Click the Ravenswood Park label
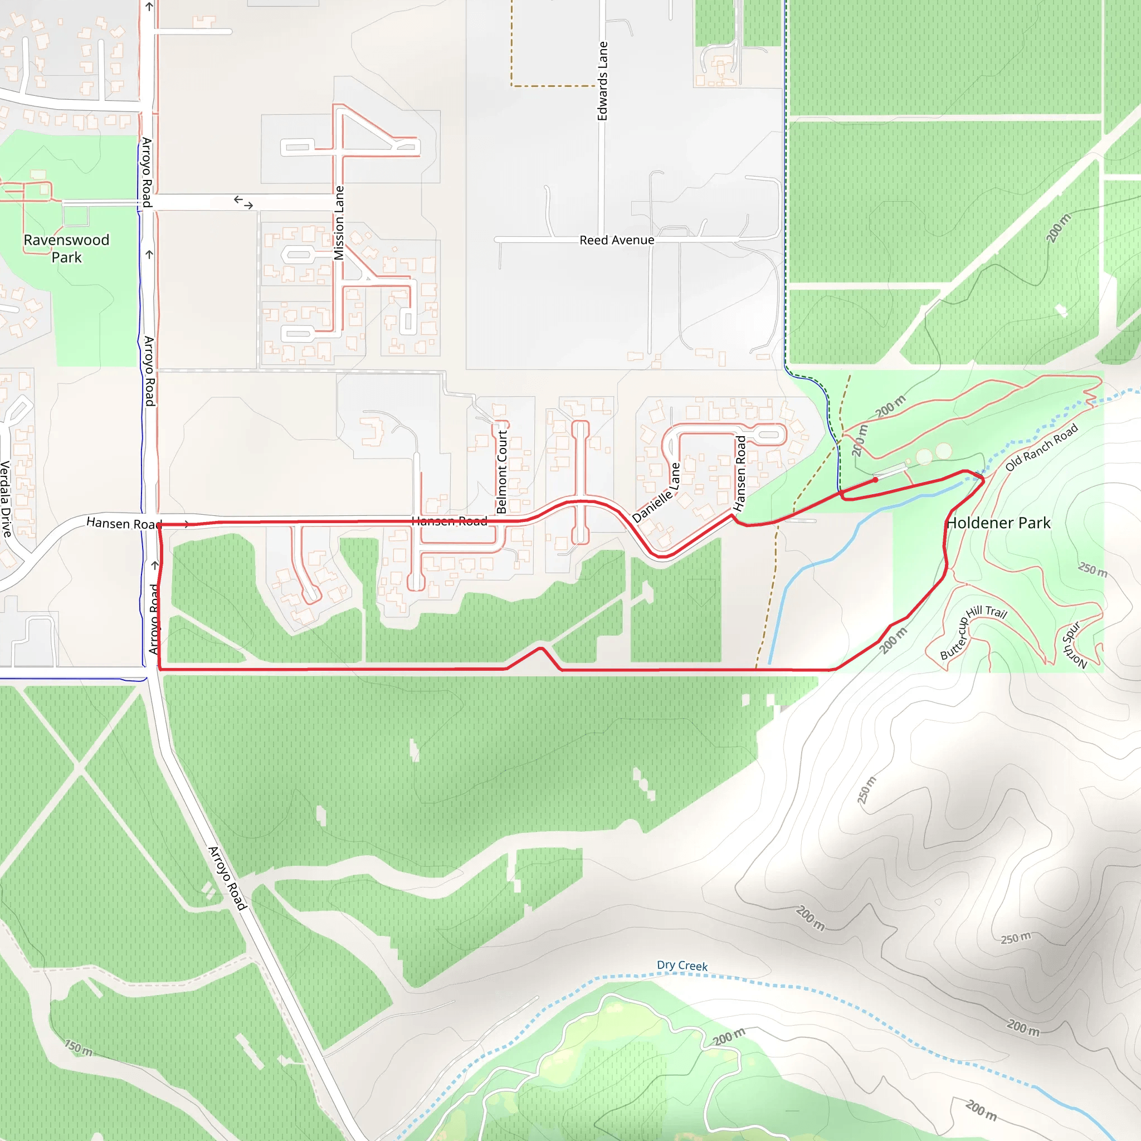[66, 248]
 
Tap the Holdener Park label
[998, 523]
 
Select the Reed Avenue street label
[617, 240]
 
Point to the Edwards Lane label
[602, 81]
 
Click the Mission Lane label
[339, 223]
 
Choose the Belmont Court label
[502, 471]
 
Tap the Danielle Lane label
[656, 493]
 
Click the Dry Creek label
[682, 965]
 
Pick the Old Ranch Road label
[1041, 447]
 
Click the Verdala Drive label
[6, 499]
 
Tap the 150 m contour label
[79, 1049]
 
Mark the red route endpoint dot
[875, 480]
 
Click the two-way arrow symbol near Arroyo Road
[243, 203]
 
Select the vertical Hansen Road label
[740, 473]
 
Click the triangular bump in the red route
[540, 650]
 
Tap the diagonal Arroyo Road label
[227, 877]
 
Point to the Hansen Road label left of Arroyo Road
[123, 523]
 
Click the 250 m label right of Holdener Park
[1093, 569]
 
